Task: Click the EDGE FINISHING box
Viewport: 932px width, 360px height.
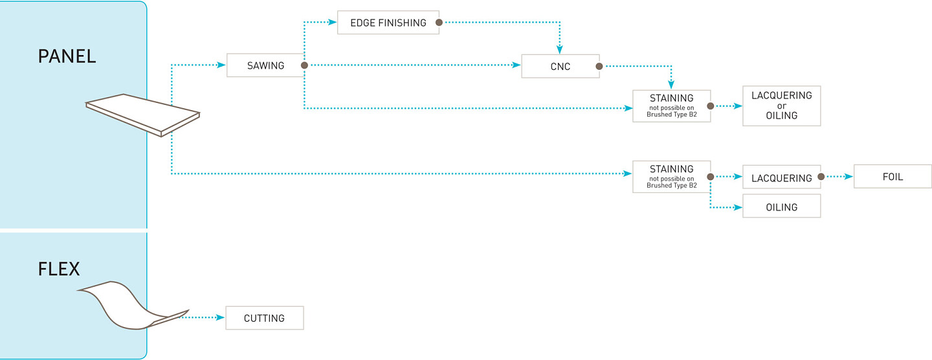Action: coord(388,23)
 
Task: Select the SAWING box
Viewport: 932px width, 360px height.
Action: coord(265,65)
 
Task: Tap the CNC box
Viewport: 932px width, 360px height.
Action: coord(560,66)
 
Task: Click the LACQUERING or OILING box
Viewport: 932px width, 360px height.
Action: coord(781,106)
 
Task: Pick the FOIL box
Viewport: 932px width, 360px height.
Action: coord(893,177)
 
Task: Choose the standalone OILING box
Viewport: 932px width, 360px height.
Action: coord(781,206)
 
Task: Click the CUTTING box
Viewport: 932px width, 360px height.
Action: coord(265,318)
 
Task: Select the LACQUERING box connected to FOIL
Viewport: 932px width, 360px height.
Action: coord(781,177)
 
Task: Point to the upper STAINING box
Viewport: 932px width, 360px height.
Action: coord(672,106)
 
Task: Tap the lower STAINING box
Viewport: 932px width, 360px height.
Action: coord(672,177)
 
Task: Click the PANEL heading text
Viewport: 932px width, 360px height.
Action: coord(67,56)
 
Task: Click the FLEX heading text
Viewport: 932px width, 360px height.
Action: coord(59,269)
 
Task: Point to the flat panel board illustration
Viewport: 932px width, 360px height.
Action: coord(142,115)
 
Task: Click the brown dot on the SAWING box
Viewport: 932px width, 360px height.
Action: coord(305,65)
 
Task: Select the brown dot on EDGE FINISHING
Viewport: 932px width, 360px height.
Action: coord(439,23)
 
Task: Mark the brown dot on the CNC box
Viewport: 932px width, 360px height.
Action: coord(599,66)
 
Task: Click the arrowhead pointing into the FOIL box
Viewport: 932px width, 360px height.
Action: coord(849,177)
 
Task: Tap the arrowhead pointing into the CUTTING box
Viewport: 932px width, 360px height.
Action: coord(221,317)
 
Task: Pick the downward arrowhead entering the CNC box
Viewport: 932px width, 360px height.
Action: coord(560,49)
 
